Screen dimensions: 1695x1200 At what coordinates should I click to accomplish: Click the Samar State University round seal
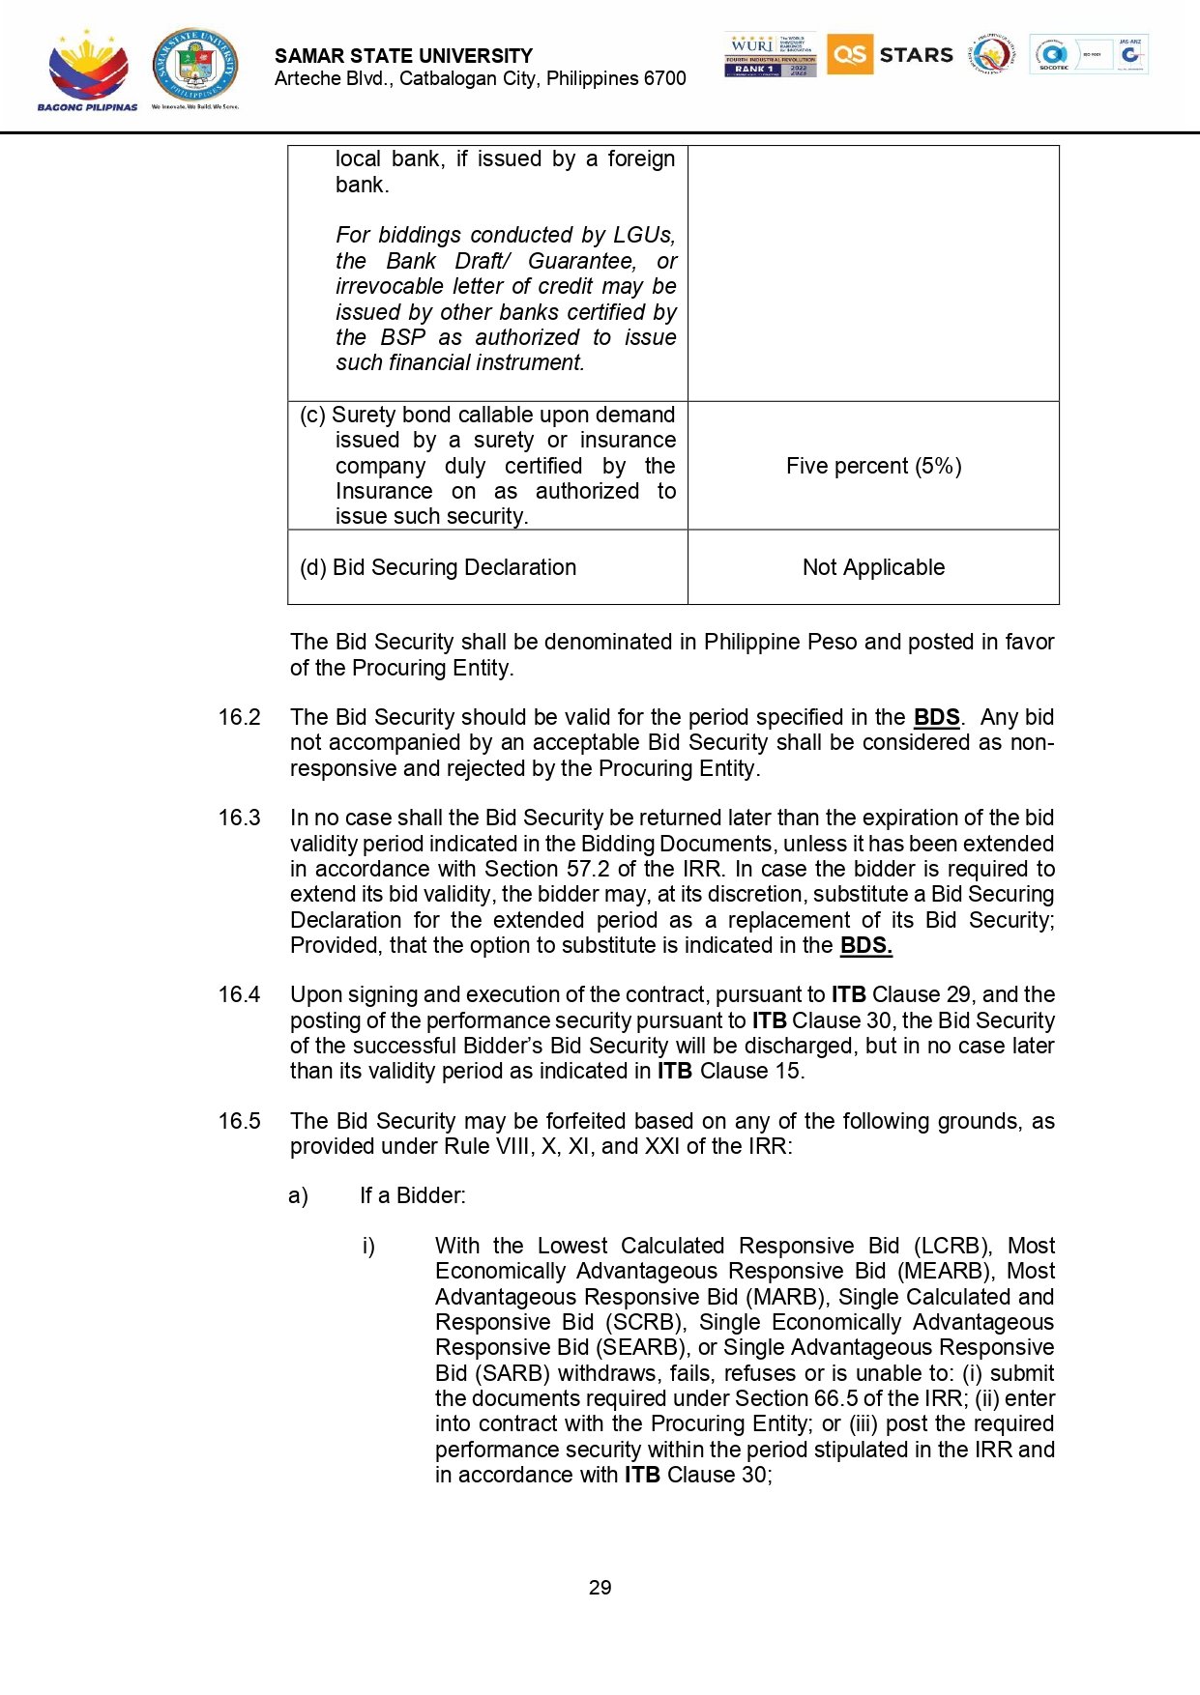195,66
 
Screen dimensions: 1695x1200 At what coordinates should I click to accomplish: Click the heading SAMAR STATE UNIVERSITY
403,56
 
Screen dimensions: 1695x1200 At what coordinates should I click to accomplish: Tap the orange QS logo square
849,54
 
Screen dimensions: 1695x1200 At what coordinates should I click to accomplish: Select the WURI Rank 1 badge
770,55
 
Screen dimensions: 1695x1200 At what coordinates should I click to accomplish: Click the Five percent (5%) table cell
873,466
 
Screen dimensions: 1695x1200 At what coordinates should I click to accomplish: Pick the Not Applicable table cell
873,567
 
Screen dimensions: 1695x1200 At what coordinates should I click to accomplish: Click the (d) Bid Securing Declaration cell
438,567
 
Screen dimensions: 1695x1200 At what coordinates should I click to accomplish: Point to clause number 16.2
239,717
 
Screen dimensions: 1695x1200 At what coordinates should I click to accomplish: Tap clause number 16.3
239,818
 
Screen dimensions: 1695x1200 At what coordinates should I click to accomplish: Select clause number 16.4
239,994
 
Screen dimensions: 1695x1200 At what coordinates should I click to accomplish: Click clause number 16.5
239,1121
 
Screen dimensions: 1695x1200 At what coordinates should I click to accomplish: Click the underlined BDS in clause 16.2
936,717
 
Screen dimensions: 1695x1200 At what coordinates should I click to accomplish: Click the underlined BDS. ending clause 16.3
865,945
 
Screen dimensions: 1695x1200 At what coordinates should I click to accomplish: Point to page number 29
600,1588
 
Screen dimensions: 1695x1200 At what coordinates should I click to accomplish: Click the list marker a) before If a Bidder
298,1196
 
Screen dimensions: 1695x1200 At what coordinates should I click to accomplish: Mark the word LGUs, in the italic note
644,235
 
